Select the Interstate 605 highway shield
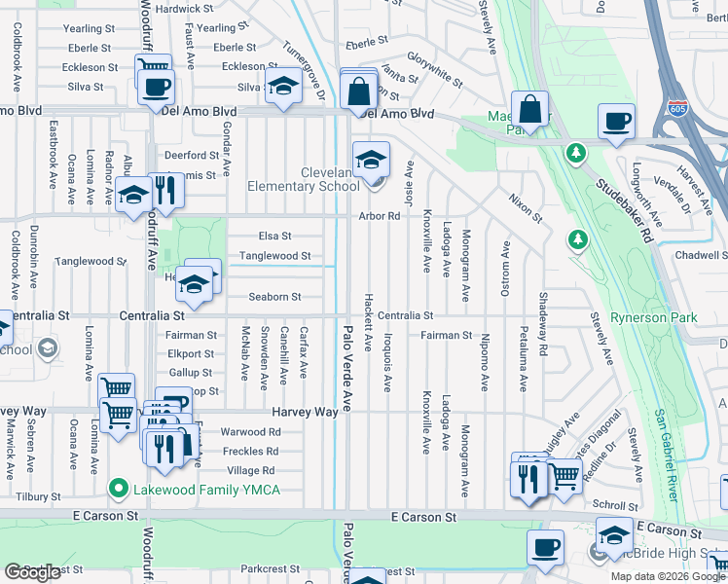click(673, 109)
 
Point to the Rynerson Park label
click(653, 318)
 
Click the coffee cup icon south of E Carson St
click(545, 547)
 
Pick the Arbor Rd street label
click(380, 216)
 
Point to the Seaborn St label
click(274, 297)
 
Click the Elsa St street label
click(274, 237)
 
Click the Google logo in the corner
click(32, 572)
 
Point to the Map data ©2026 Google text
click(667, 576)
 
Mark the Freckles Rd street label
click(250, 452)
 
